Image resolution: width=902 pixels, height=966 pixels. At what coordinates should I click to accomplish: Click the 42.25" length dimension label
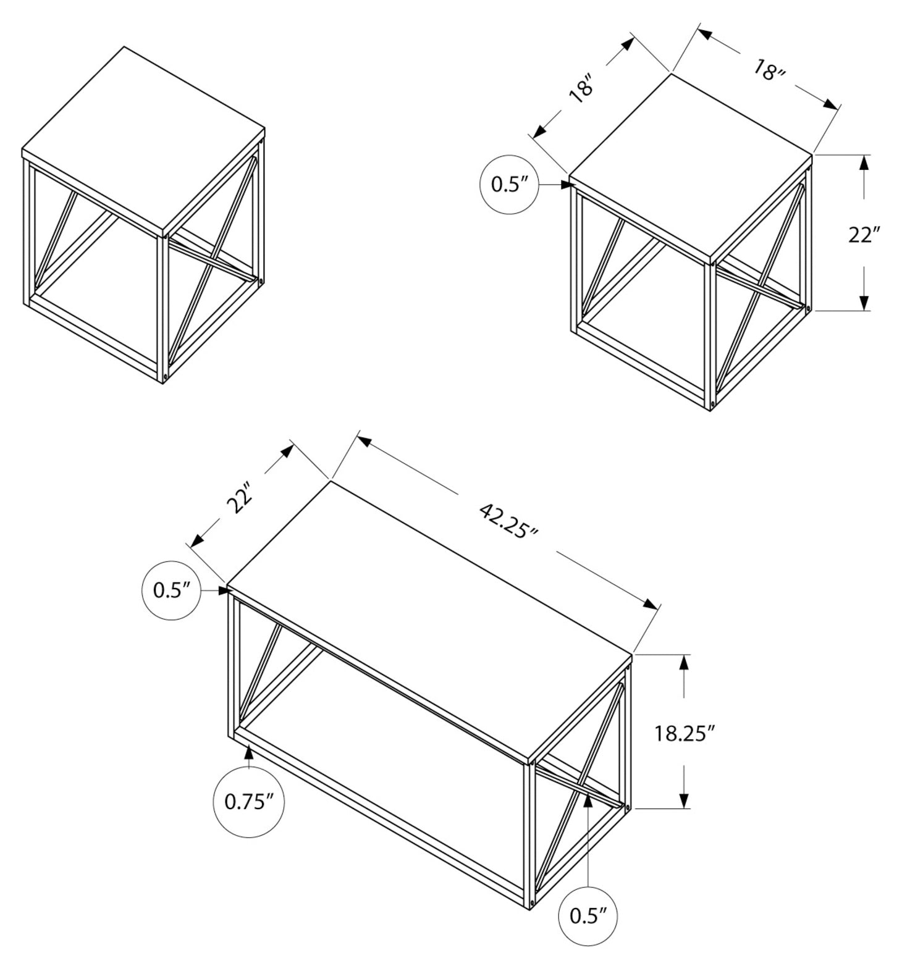tap(508, 519)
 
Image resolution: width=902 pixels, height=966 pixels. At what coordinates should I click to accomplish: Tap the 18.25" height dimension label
tap(685, 733)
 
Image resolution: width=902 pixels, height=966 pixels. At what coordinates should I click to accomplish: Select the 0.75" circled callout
tap(248, 802)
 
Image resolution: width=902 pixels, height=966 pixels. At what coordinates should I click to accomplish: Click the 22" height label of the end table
tap(863, 235)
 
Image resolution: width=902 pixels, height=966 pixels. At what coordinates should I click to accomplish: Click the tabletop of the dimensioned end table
tap(689, 166)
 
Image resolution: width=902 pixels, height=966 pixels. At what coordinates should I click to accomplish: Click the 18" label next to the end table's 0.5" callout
tap(583, 88)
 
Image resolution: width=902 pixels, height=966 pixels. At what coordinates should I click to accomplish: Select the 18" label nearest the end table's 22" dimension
tap(768, 70)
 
